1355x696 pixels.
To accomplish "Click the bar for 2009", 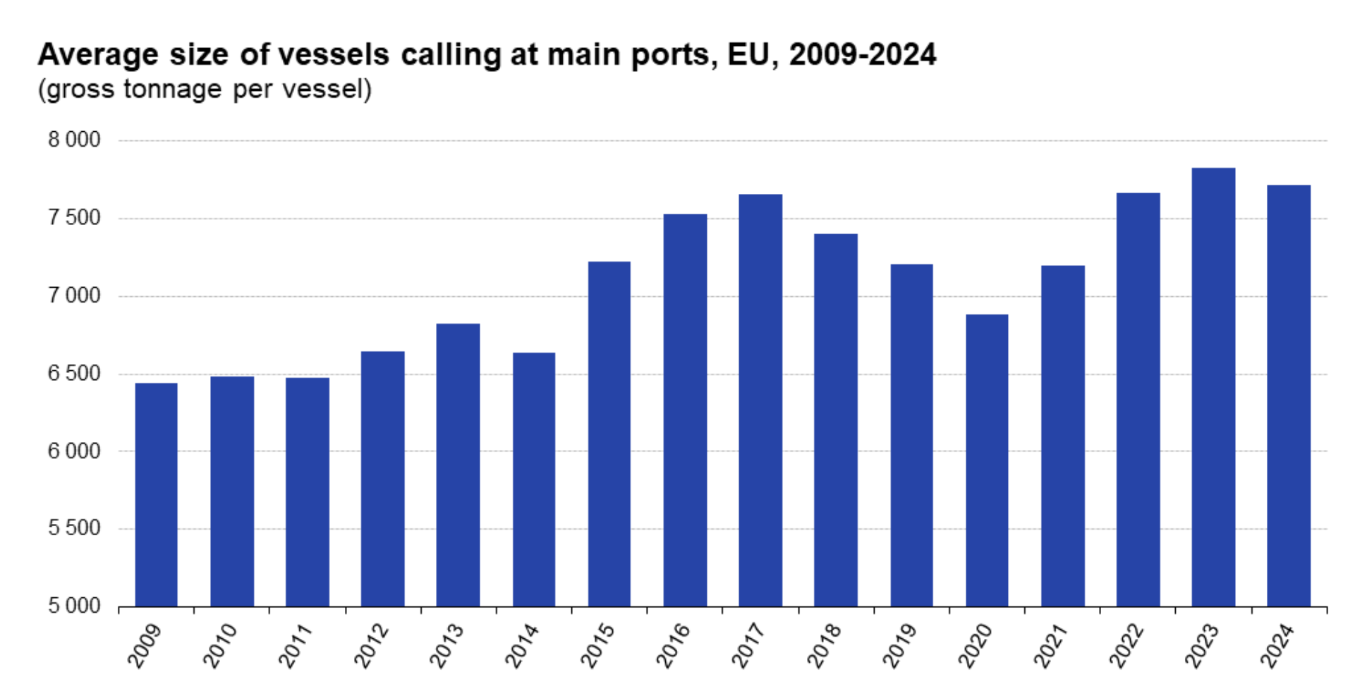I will [156, 494].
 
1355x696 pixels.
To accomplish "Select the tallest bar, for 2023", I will [1213, 387].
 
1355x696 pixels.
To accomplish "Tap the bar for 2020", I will [987, 460].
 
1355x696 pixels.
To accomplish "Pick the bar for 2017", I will [760, 400].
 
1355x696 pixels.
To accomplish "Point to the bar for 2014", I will [534, 480].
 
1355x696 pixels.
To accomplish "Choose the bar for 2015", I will [609, 434].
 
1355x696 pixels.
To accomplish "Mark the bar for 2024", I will [1289, 396].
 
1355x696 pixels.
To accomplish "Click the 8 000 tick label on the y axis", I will [74, 140].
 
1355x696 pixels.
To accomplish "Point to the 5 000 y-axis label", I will [74, 606].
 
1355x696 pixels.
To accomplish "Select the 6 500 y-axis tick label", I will [74, 373].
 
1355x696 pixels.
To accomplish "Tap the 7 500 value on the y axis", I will [74, 217].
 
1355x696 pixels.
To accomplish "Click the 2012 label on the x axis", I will [372, 645].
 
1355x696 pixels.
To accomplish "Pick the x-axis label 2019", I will [900, 645].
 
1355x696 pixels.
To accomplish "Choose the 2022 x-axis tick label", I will [1126, 645].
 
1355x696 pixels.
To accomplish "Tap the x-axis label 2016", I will [674, 645].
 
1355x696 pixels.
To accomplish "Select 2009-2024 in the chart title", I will [863, 54].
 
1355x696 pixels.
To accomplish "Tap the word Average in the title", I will [98, 54].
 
